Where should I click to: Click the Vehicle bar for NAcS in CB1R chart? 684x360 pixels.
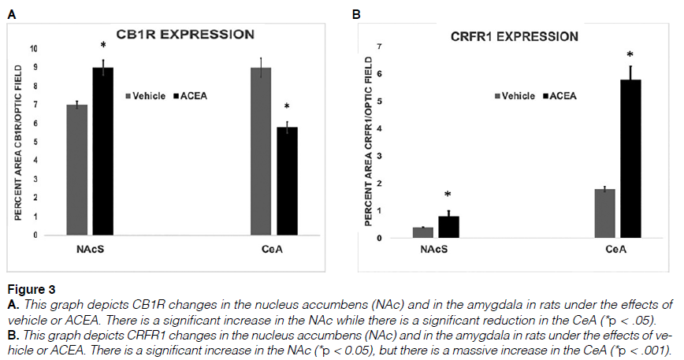[76, 170]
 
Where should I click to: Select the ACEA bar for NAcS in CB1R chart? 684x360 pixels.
[103, 151]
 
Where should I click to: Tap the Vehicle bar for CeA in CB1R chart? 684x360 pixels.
[260, 151]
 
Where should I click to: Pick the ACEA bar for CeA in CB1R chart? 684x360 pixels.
[287, 181]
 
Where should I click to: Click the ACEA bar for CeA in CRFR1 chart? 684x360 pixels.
[630, 158]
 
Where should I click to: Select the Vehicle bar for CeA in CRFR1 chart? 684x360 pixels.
[604, 213]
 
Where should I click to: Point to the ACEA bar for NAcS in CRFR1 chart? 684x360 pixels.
[448, 227]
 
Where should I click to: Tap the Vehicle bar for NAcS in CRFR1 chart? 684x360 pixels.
[422, 232]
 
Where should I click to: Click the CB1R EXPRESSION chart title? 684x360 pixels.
[185, 35]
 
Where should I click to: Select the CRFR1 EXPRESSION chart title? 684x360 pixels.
[515, 36]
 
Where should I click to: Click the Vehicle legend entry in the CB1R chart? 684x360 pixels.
[146, 96]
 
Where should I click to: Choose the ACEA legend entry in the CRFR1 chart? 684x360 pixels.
[559, 96]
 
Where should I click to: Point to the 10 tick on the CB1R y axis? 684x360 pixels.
[34, 49]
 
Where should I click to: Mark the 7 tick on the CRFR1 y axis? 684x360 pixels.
[379, 46]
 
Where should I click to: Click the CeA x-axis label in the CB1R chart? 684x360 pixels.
[272, 249]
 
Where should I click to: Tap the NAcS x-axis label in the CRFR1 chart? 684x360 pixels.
[434, 249]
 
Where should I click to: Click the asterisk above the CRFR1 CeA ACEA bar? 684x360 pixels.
[630, 55]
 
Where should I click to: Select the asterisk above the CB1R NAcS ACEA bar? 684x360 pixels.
[103, 45]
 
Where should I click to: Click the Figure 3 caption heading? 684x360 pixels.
[32, 289]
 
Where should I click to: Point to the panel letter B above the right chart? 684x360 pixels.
[356, 14]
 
